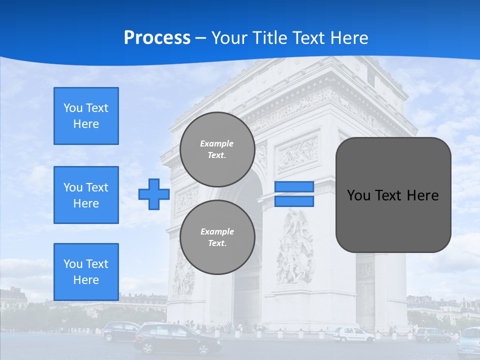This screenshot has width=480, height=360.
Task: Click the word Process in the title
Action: [x=157, y=38]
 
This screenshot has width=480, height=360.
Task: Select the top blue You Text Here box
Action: [x=86, y=116]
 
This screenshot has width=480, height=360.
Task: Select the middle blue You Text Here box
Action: [x=86, y=195]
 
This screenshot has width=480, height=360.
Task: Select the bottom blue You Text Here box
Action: [x=86, y=272]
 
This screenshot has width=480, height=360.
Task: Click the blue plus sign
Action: [x=153, y=194]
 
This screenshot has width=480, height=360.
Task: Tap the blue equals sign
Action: [x=294, y=194]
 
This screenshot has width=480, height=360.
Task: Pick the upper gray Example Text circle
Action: [x=217, y=149]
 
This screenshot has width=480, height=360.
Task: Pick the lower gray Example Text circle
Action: [x=217, y=237]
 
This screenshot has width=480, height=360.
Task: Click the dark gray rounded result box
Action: [x=393, y=195]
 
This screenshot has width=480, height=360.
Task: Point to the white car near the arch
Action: [x=353, y=334]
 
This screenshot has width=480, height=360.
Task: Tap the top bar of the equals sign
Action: [x=294, y=186]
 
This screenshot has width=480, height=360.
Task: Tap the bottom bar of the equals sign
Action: [x=294, y=201]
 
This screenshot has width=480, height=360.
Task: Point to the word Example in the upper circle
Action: [x=217, y=143]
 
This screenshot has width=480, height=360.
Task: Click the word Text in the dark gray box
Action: [x=391, y=195]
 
